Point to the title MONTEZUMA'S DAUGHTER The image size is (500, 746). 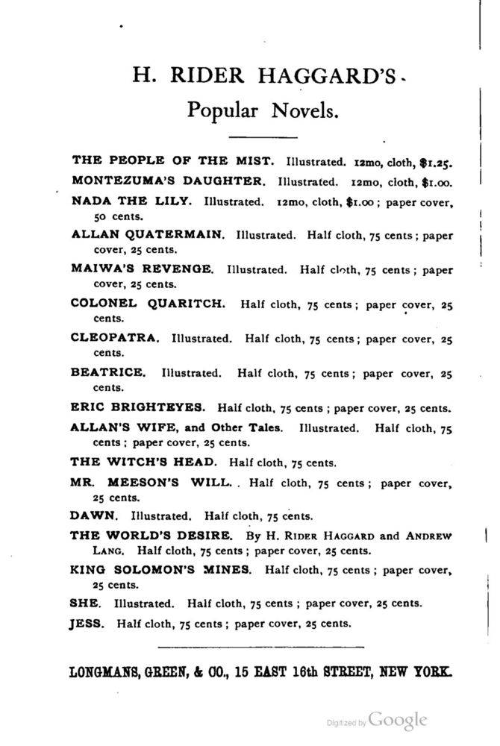point(168,181)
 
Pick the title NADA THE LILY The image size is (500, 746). point(131,201)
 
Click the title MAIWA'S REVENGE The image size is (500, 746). point(142,268)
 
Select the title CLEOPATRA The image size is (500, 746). point(115,337)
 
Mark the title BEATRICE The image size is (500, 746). point(108,372)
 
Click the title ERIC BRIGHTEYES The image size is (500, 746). point(137,407)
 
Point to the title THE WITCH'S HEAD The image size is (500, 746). point(144,460)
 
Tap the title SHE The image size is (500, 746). point(81,603)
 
